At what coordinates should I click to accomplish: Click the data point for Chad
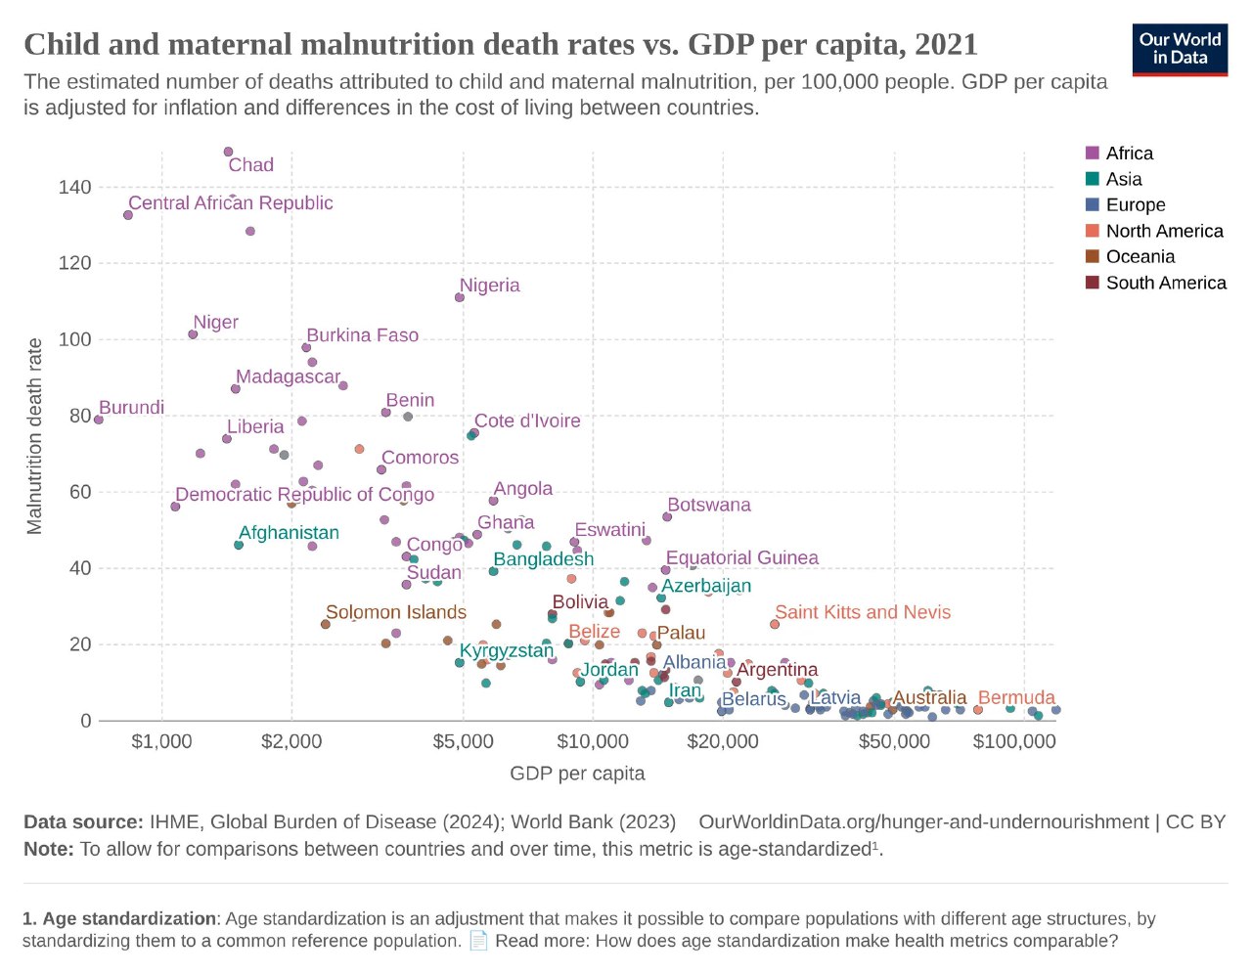tap(228, 152)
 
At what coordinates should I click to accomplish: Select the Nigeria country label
tap(489, 286)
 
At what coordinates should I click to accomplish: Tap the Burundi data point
tap(98, 420)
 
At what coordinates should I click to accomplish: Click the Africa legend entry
tap(1129, 154)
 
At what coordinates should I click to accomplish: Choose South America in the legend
tap(1165, 283)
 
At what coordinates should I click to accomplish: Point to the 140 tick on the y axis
tap(75, 187)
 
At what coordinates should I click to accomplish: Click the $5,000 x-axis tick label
tap(463, 741)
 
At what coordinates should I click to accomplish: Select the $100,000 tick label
tap(1014, 741)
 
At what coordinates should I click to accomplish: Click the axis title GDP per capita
tap(577, 774)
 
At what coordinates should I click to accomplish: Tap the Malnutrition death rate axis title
tap(35, 436)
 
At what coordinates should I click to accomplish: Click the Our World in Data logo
tap(1180, 49)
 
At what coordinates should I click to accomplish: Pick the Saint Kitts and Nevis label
tap(862, 612)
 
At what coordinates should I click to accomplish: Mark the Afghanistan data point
tap(239, 545)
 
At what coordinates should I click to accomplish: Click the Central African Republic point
tap(128, 215)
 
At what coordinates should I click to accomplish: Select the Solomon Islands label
tap(395, 612)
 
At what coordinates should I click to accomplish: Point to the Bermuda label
tap(1016, 697)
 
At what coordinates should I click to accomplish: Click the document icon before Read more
tap(478, 941)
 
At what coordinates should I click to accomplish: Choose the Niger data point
tap(193, 334)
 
